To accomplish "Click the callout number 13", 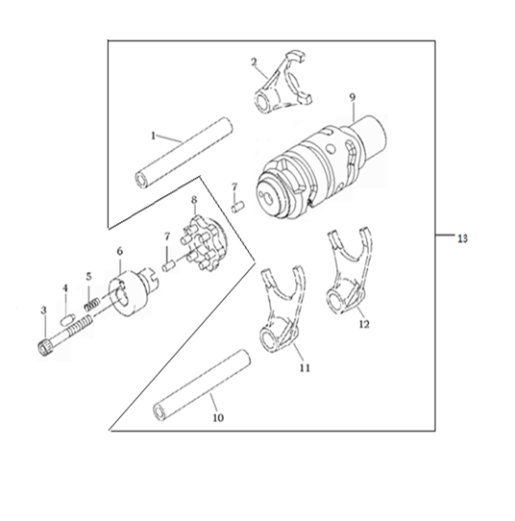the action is point(462,238).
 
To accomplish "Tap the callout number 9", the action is point(352,97).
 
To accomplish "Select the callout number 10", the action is point(218,417).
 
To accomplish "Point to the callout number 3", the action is point(43,310).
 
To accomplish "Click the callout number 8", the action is point(194,200).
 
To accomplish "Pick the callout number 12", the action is point(364,324).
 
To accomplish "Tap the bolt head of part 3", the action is point(43,349).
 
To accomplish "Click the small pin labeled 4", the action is point(67,320).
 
